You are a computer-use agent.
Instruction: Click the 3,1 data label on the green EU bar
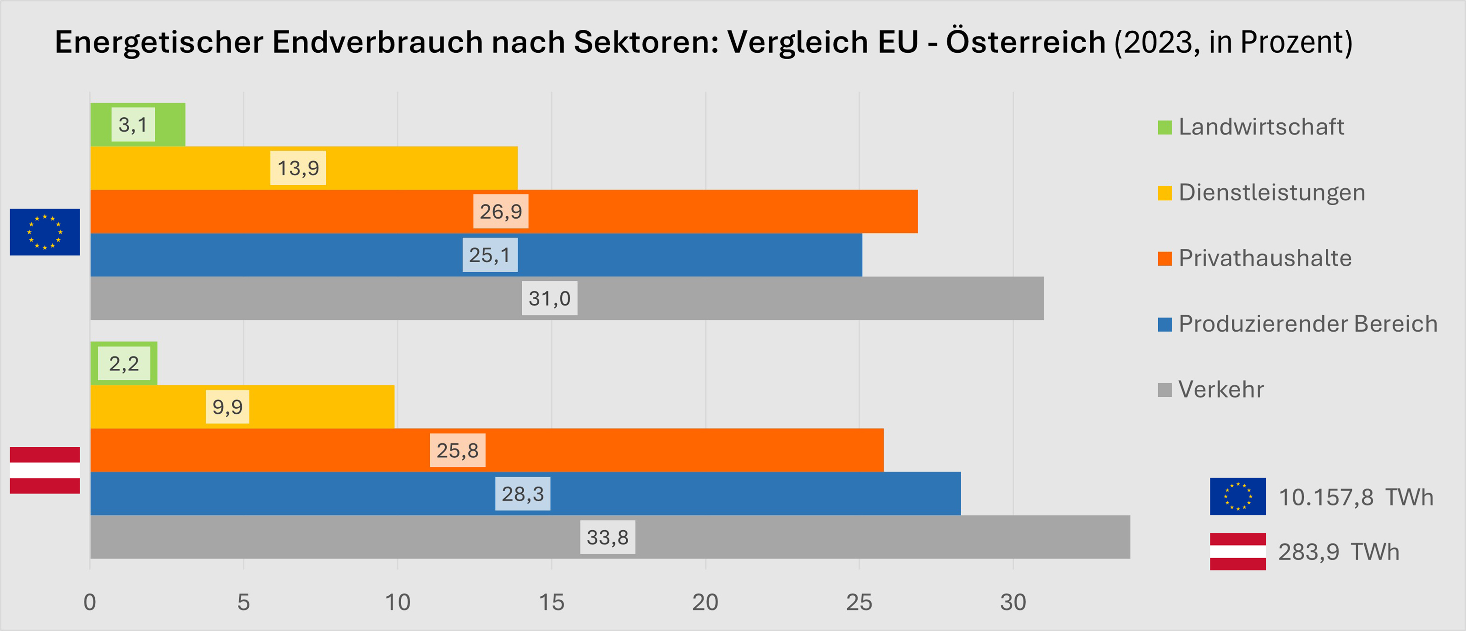(x=132, y=124)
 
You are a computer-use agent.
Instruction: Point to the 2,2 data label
(x=124, y=363)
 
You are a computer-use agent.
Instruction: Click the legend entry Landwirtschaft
(x=1261, y=126)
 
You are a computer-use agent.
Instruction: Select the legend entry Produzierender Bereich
(x=1307, y=324)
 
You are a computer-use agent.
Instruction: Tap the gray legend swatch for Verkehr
(x=1165, y=390)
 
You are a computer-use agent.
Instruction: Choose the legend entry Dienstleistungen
(x=1271, y=192)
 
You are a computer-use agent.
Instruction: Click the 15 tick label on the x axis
(x=551, y=602)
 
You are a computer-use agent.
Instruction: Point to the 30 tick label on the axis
(x=1012, y=602)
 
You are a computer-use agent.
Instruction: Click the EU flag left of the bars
(x=45, y=232)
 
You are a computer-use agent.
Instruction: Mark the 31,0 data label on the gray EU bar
(x=549, y=298)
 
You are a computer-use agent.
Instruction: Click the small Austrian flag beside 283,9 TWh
(x=1238, y=551)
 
